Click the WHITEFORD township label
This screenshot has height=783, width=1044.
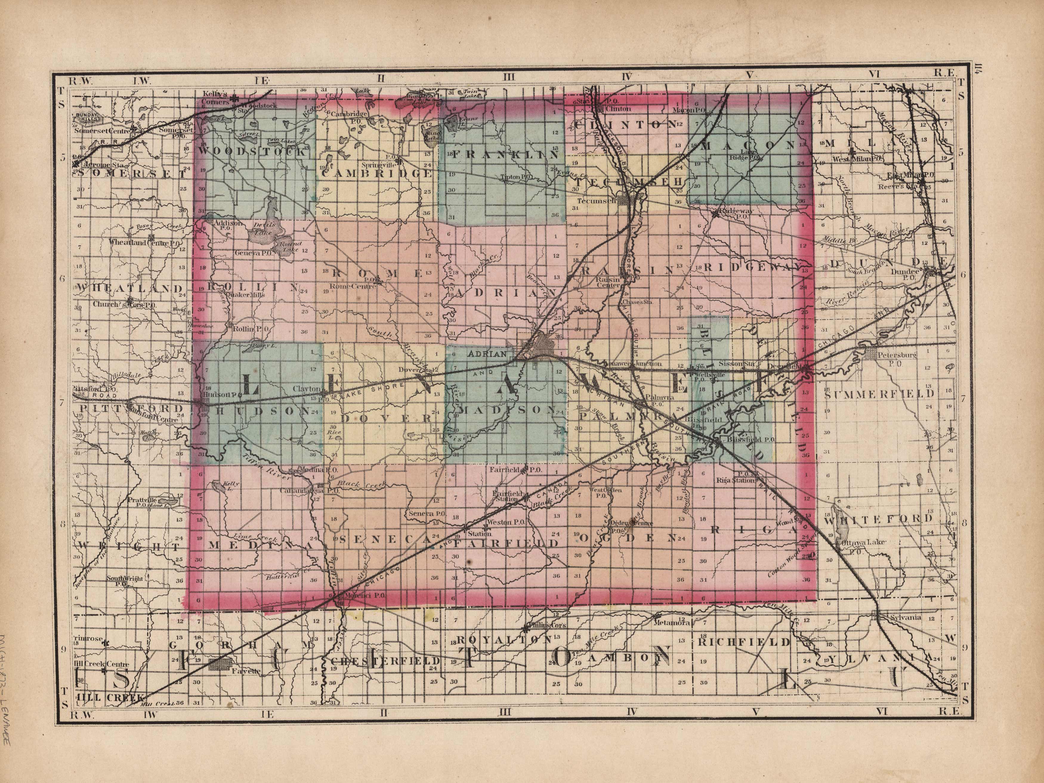tap(878, 519)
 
